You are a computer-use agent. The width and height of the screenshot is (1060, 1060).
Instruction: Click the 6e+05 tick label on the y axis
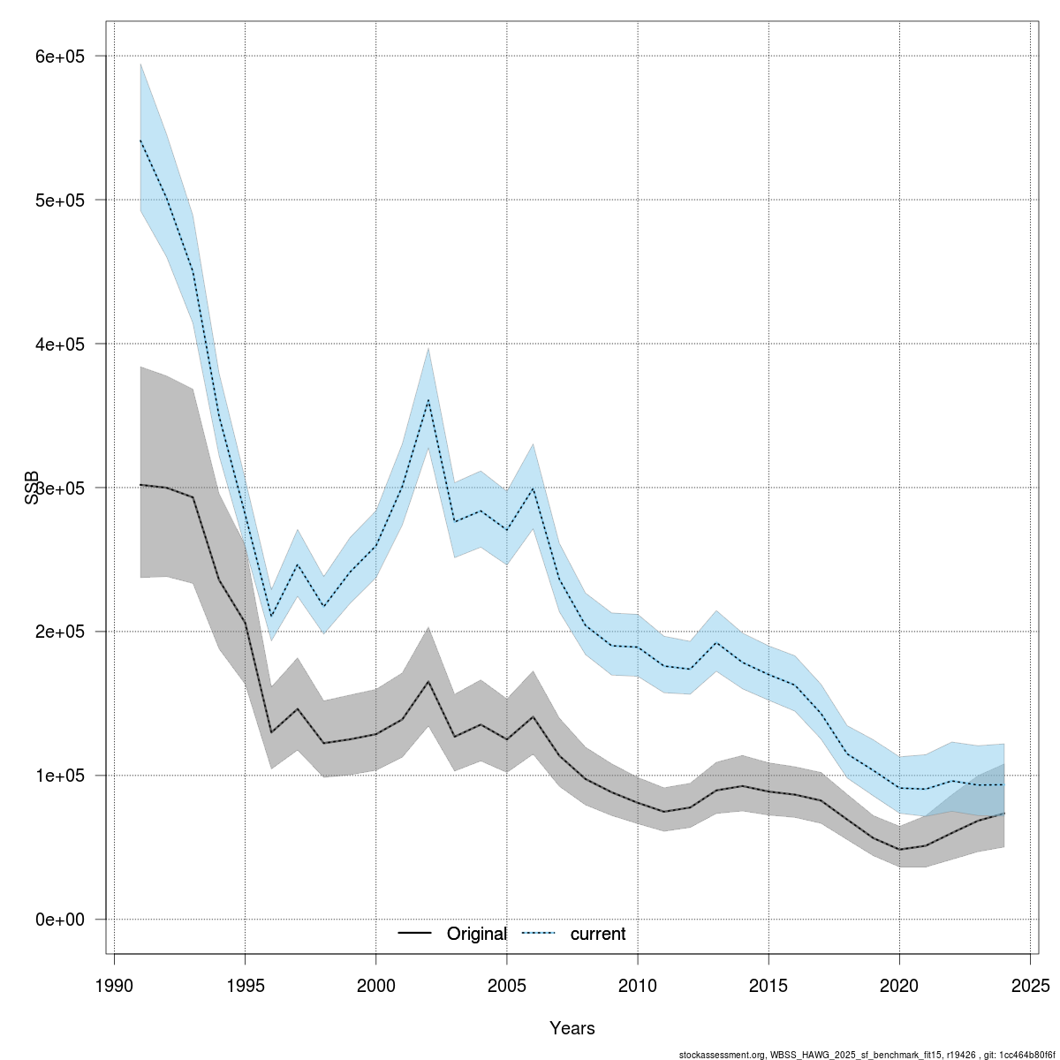(x=58, y=57)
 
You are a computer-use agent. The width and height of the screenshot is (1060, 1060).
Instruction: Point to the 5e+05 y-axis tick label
(x=58, y=201)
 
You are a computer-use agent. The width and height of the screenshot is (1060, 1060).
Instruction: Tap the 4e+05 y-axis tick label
(x=58, y=344)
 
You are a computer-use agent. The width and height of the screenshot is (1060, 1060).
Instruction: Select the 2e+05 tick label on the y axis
(x=58, y=632)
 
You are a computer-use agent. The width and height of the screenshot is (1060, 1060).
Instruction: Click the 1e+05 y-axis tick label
(x=58, y=776)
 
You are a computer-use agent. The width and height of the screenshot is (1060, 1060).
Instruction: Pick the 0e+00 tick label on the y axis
(x=58, y=920)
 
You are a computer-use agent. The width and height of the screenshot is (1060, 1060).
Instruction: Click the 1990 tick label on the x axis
(x=114, y=985)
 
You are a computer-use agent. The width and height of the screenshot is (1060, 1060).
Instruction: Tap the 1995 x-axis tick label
(x=245, y=985)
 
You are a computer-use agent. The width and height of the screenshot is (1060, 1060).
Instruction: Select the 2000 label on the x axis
(x=376, y=985)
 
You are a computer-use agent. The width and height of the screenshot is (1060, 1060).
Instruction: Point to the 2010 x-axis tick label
(x=638, y=985)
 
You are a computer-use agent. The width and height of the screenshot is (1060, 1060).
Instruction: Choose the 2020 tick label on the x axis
(x=899, y=985)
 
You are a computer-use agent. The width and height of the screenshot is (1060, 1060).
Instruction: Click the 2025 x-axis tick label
(x=1030, y=985)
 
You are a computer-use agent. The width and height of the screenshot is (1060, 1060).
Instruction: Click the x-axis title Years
(x=572, y=1028)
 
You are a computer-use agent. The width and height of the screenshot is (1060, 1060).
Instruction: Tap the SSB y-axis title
(x=33, y=488)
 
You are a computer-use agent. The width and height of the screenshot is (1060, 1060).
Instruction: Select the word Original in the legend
(x=477, y=934)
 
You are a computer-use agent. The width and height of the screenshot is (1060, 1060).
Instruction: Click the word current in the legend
(x=598, y=934)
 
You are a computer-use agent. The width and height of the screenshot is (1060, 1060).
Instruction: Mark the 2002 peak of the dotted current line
(x=428, y=400)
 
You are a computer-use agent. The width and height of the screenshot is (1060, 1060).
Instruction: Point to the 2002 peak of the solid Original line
(x=428, y=681)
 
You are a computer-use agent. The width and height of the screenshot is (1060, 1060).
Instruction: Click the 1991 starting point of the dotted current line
(x=140, y=140)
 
